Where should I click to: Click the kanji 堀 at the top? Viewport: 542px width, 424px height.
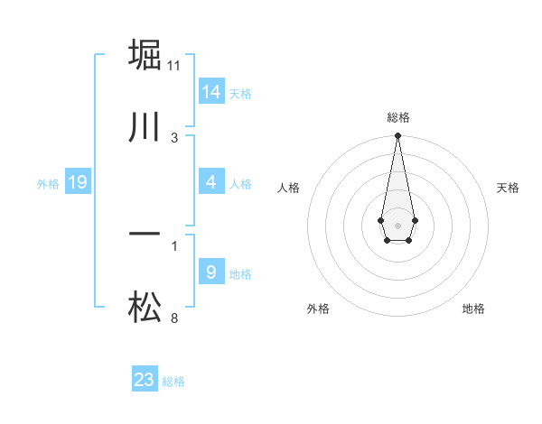(x=145, y=56)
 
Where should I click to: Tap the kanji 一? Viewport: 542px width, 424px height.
(x=145, y=235)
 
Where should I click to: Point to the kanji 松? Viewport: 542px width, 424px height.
(x=145, y=309)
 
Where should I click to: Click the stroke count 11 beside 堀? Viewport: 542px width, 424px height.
(x=174, y=66)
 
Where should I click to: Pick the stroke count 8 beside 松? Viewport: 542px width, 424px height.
(x=174, y=318)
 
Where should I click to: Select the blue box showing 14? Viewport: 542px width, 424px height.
(x=211, y=92)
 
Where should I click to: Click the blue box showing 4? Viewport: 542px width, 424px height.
(x=211, y=182)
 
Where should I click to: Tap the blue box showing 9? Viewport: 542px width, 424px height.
(x=211, y=272)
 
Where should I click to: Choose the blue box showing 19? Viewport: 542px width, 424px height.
(x=78, y=182)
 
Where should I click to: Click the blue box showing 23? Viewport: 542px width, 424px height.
(x=145, y=380)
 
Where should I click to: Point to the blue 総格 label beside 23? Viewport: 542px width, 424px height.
(x=173, y=382)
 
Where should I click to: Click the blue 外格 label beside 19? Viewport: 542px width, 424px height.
(x=48, y=184)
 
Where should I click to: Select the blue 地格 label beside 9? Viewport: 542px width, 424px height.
(x=240, y=274)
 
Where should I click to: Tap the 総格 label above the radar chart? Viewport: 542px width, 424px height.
(x=397, y=117)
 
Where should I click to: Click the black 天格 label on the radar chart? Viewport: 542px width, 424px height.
(x=508, y=188)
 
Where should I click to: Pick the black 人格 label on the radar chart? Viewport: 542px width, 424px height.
(x=288, y=188)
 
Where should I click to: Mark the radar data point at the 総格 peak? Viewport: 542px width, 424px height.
(x=397, y=136)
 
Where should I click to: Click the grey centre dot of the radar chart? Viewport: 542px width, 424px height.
(x=397, y=224)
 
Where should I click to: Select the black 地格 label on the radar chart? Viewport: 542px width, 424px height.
(x=473, y=309)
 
